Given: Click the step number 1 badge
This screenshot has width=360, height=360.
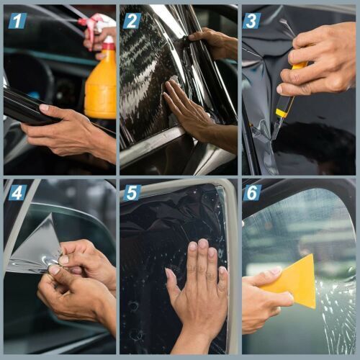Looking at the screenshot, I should pos(17,20).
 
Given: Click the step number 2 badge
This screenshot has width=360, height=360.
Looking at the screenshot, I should pos(132,20).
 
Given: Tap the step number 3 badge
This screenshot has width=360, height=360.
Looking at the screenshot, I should pos(251,20).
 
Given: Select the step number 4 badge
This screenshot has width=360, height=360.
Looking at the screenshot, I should pos(17,192).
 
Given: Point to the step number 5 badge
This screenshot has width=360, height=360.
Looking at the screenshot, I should pos(132,192).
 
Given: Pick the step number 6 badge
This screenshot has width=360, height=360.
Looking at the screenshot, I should pos(252,192).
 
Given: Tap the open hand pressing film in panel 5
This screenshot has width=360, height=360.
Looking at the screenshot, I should pos(194,288).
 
